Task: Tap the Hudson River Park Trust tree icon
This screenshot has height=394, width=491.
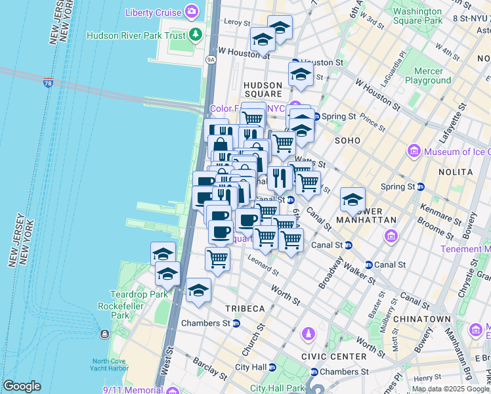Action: click(x=194, y=34)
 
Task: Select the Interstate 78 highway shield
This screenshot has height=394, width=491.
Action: click(x=48, y=83)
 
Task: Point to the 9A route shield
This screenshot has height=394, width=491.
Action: click(x=211, y=59)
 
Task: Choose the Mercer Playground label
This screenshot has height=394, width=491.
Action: click(x=427, y=76)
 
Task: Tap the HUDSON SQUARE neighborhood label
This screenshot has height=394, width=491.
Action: click(x=263, y=89)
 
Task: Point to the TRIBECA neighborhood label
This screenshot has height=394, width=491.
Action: click(x=245, y=309)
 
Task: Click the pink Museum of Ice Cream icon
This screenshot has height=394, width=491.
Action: click(x=414, y=152)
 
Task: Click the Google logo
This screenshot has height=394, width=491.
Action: click(x=22, y=386)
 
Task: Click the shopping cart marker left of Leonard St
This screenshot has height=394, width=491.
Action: click(x=217, y=258)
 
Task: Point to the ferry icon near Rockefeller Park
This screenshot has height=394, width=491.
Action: click(x=104, y=334)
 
